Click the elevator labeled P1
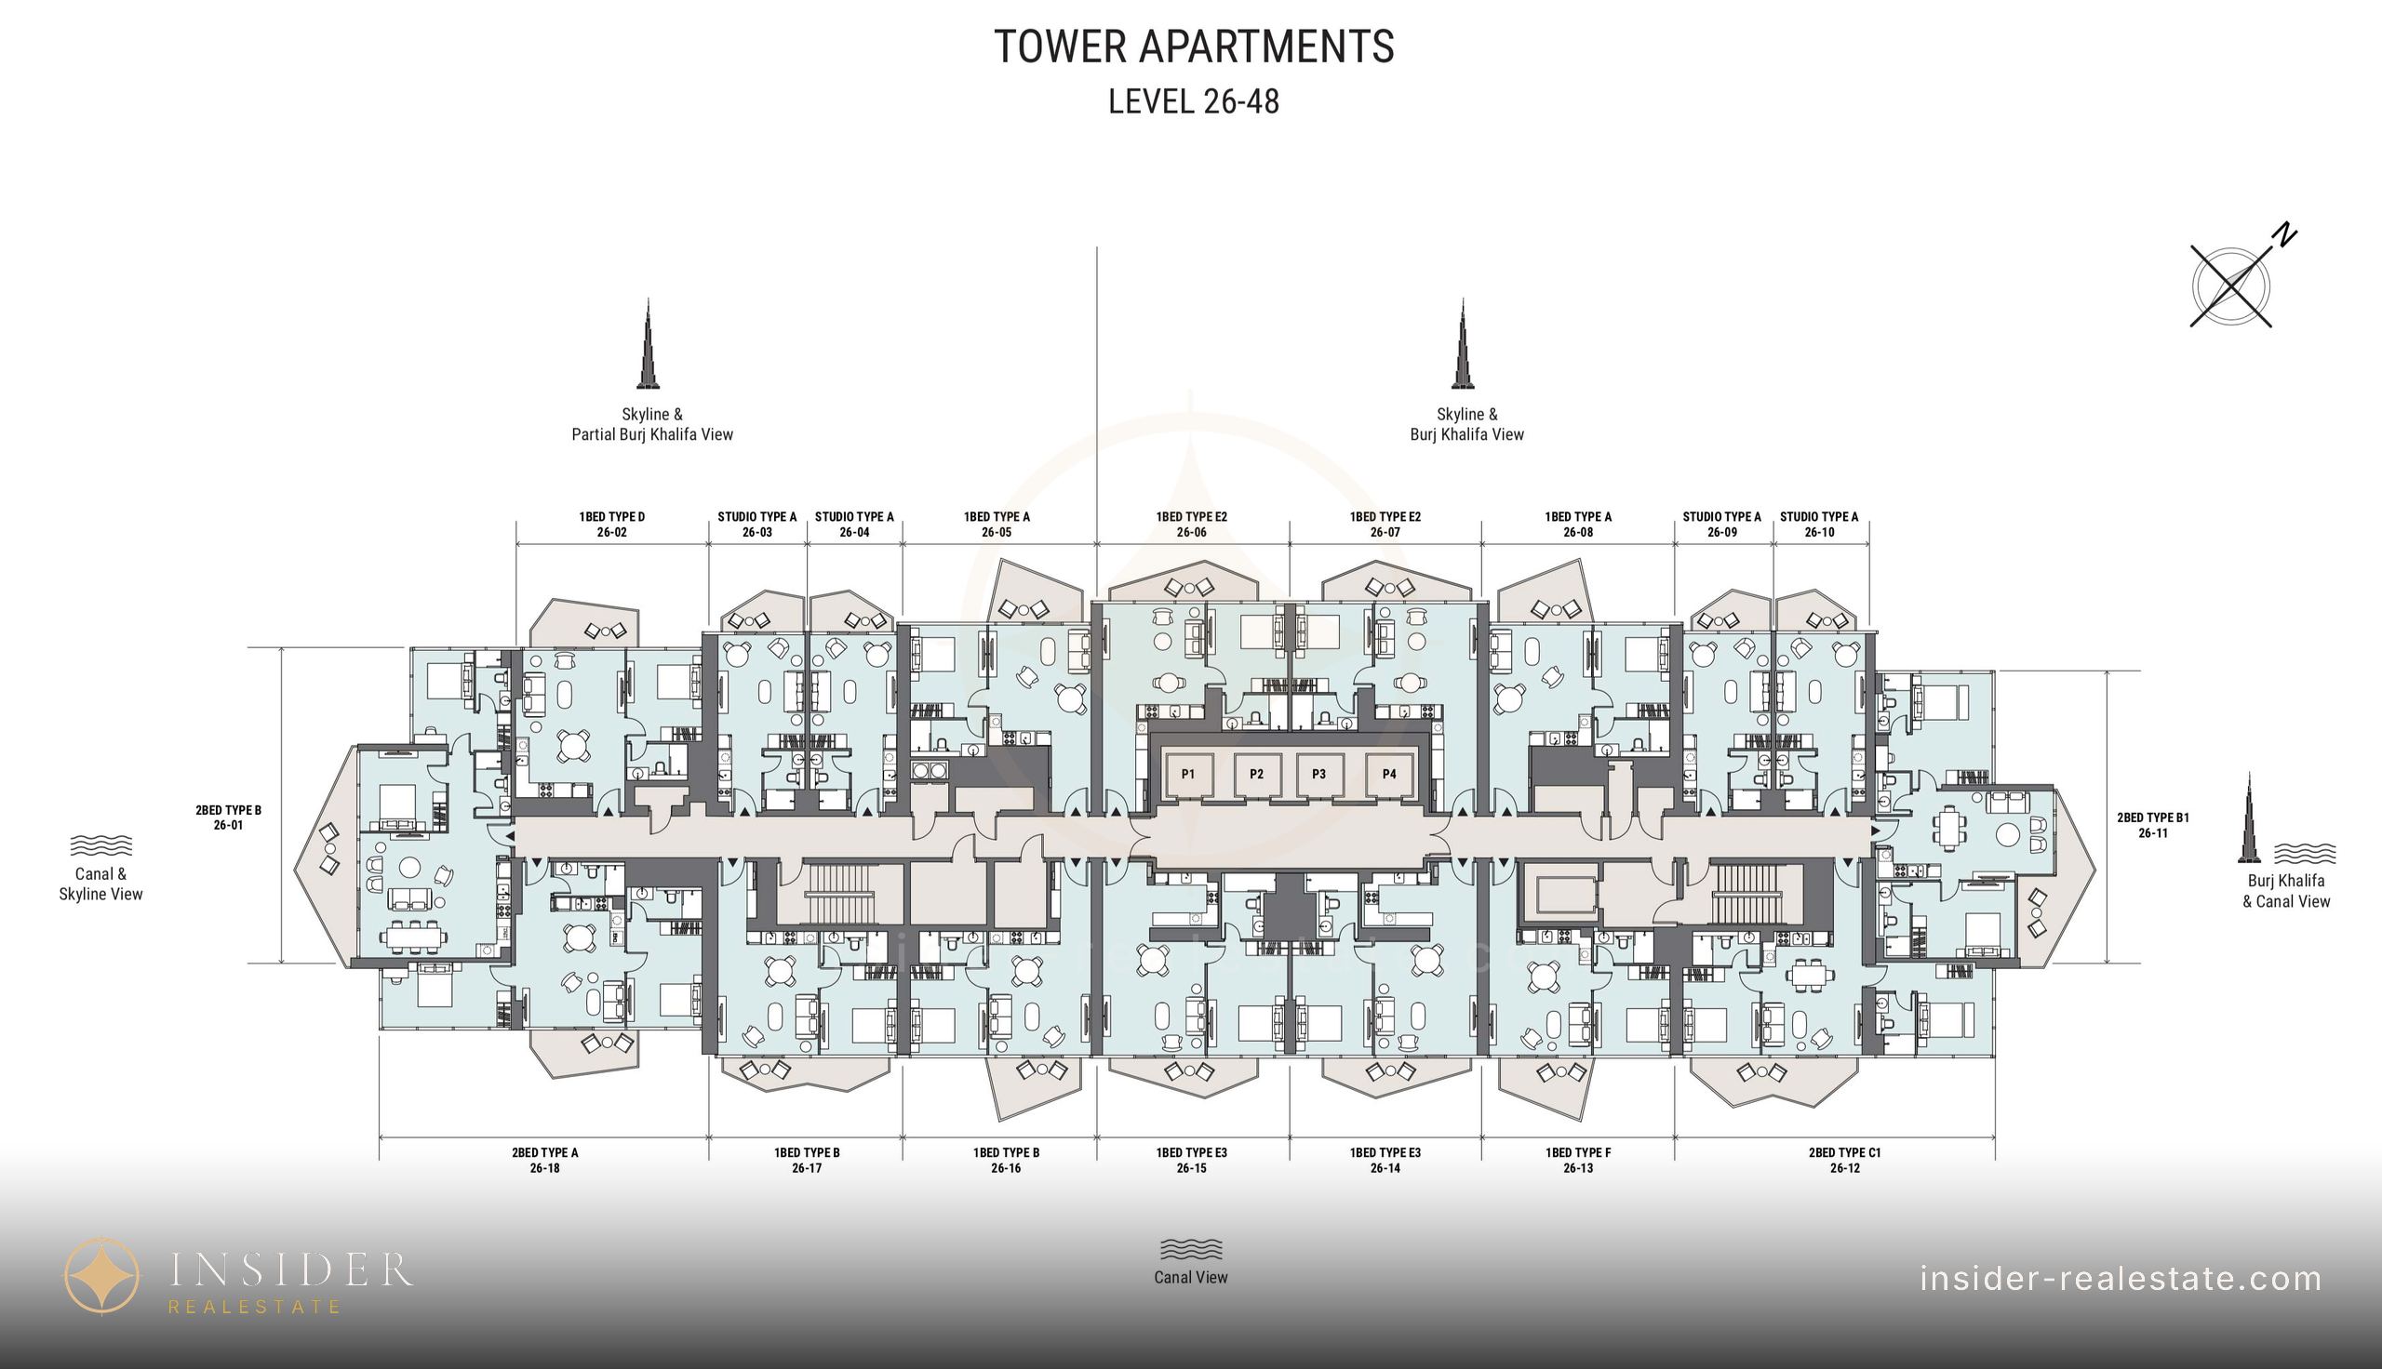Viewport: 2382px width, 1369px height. click(1188, 774)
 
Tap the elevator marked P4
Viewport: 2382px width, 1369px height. click(1389, 774)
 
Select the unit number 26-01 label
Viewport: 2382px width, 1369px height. click(228, 826)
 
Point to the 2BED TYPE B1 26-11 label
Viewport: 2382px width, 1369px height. click(2152, 826)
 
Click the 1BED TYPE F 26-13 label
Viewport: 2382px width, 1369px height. click(1578, 1161)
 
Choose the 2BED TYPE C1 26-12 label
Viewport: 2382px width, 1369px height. click(1844, 1161)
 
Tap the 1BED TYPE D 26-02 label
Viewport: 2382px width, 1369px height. click(611, 525)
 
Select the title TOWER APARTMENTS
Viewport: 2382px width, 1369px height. click(1194, 47)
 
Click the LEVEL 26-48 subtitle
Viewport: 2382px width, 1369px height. click(1194, 101)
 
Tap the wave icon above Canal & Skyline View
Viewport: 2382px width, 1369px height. click(100, 844)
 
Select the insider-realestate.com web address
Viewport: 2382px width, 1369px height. click(2121, 1279)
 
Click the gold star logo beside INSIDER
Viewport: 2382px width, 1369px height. click(101, 1276)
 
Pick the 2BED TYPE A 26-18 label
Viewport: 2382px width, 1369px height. click(544, 1161)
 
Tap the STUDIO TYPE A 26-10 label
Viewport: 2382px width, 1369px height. click(1819, 525)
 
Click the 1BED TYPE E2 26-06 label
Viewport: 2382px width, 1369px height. click(1192, 525)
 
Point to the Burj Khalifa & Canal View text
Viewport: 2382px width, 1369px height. click(2286, 891)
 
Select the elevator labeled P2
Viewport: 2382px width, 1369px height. click(1256, 774)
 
